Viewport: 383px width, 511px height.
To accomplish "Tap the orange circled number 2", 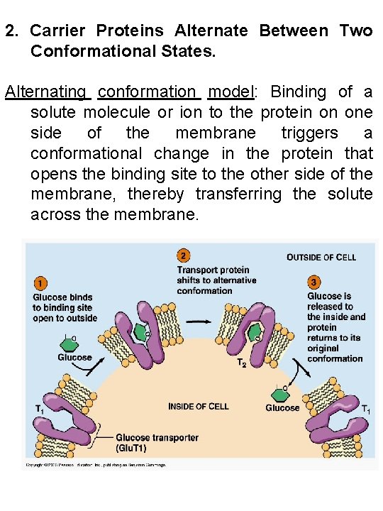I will (x=184, y=256).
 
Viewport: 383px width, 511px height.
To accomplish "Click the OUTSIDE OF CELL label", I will (x=321, y=257).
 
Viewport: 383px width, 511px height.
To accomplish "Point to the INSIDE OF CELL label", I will (x=198, y=406).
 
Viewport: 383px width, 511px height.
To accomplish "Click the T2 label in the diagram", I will (x=241, y=363).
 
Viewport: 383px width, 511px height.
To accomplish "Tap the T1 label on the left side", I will (x=41, y=409).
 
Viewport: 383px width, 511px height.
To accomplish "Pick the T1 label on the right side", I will (x=366, y=409).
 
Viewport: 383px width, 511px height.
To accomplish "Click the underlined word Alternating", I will (x=47, y=92).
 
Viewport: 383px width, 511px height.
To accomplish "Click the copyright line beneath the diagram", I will (x=96, y=465).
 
